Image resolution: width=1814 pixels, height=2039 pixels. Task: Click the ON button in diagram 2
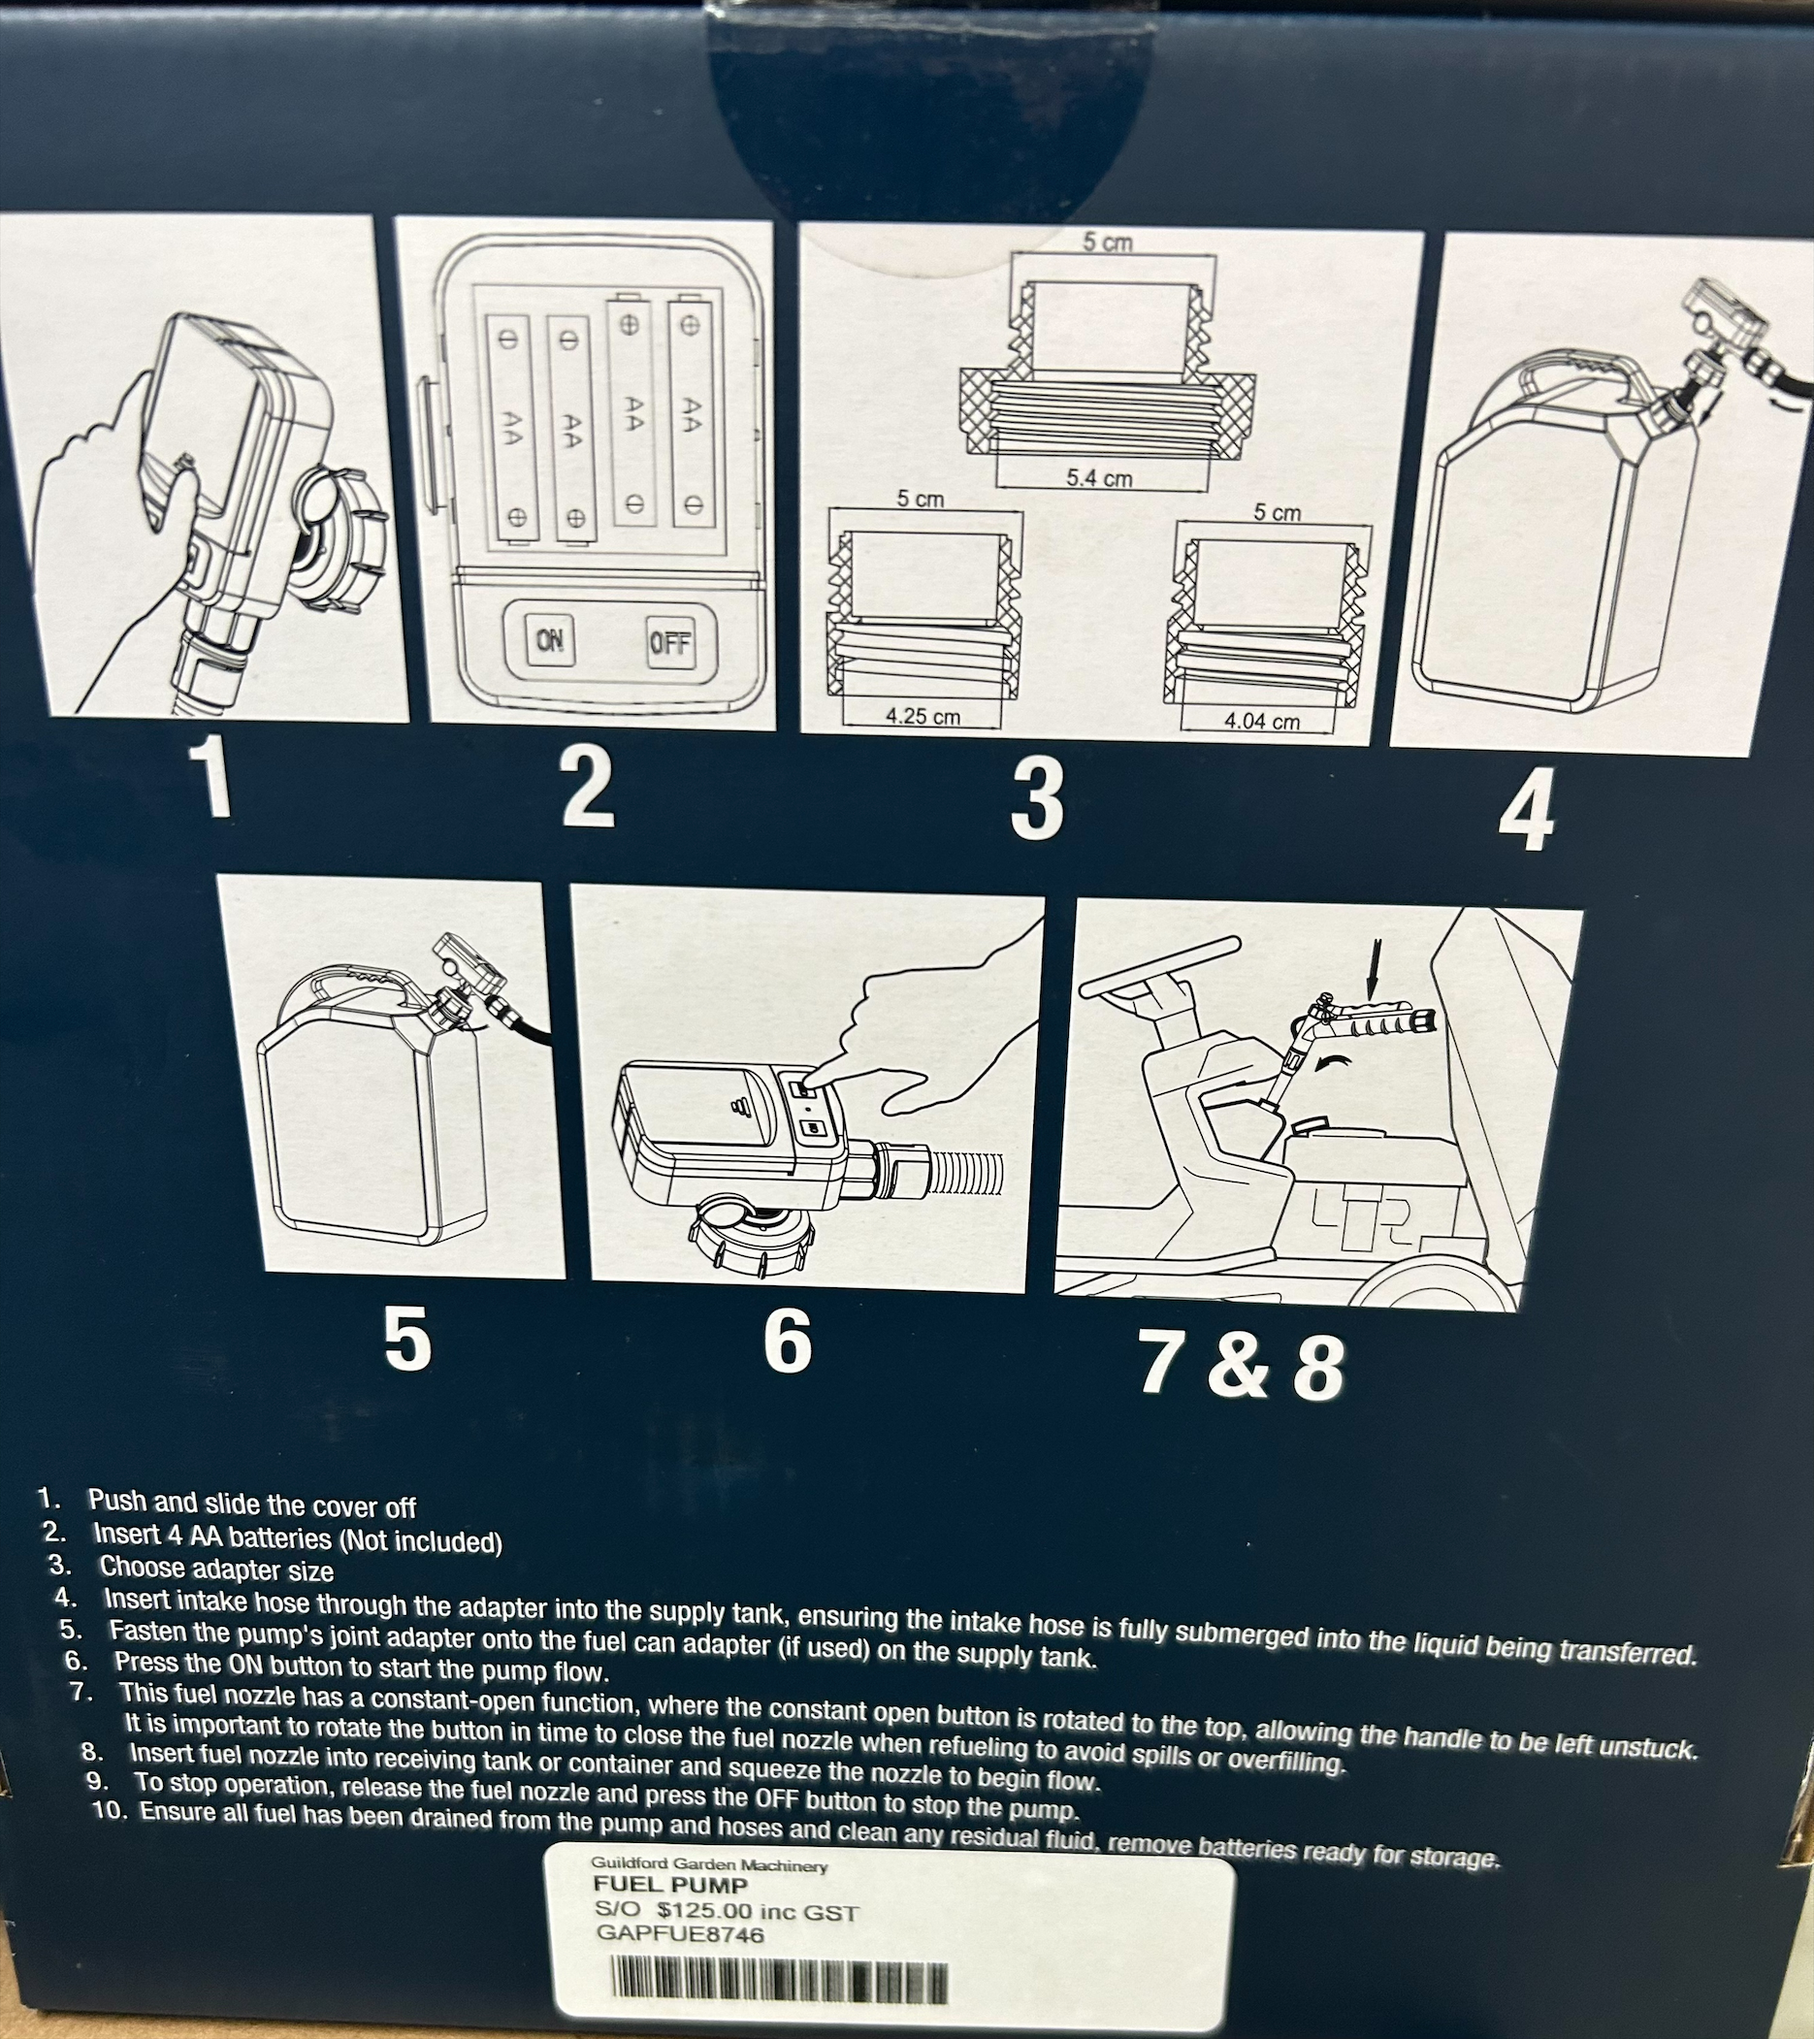549,640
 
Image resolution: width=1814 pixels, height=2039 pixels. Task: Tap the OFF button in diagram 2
669,643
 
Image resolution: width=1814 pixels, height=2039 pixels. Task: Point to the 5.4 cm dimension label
1098,478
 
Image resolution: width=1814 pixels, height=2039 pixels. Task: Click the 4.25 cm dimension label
923,715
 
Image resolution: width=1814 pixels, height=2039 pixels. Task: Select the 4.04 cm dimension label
1262,720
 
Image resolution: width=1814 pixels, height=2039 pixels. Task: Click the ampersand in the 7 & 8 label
1237,1367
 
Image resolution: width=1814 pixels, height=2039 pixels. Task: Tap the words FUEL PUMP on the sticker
669,1886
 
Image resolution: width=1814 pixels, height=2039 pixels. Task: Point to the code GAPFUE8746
679,1935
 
